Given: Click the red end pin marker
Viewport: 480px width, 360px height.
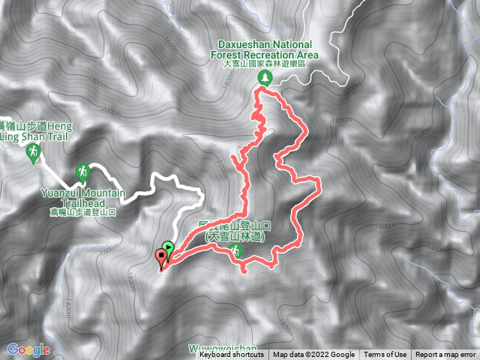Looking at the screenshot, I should pyautogui.click(x=160, y=256).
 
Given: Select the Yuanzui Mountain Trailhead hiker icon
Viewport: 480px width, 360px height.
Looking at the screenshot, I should pyautogui.click(x=84, y=172).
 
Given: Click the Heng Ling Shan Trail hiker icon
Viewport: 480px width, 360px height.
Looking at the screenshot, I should pyautogui.click(x=33, y=154).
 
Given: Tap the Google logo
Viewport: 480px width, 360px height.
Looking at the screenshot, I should pyautogui.click(x=28, y=349).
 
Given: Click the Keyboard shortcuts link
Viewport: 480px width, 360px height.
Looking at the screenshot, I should pyautogui.click(x=232, y=355).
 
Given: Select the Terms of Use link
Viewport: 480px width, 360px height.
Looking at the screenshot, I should pyautogui.click(x=385, y=355).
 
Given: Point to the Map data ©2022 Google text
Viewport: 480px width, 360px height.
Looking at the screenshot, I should pyautogui.click(x=313, y=355).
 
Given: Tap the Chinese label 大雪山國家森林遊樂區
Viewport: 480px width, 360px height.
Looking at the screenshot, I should pyautogui.click(x=268, y=64).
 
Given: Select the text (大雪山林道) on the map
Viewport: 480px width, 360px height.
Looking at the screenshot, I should pyautogui.click(x=238, y=237).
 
